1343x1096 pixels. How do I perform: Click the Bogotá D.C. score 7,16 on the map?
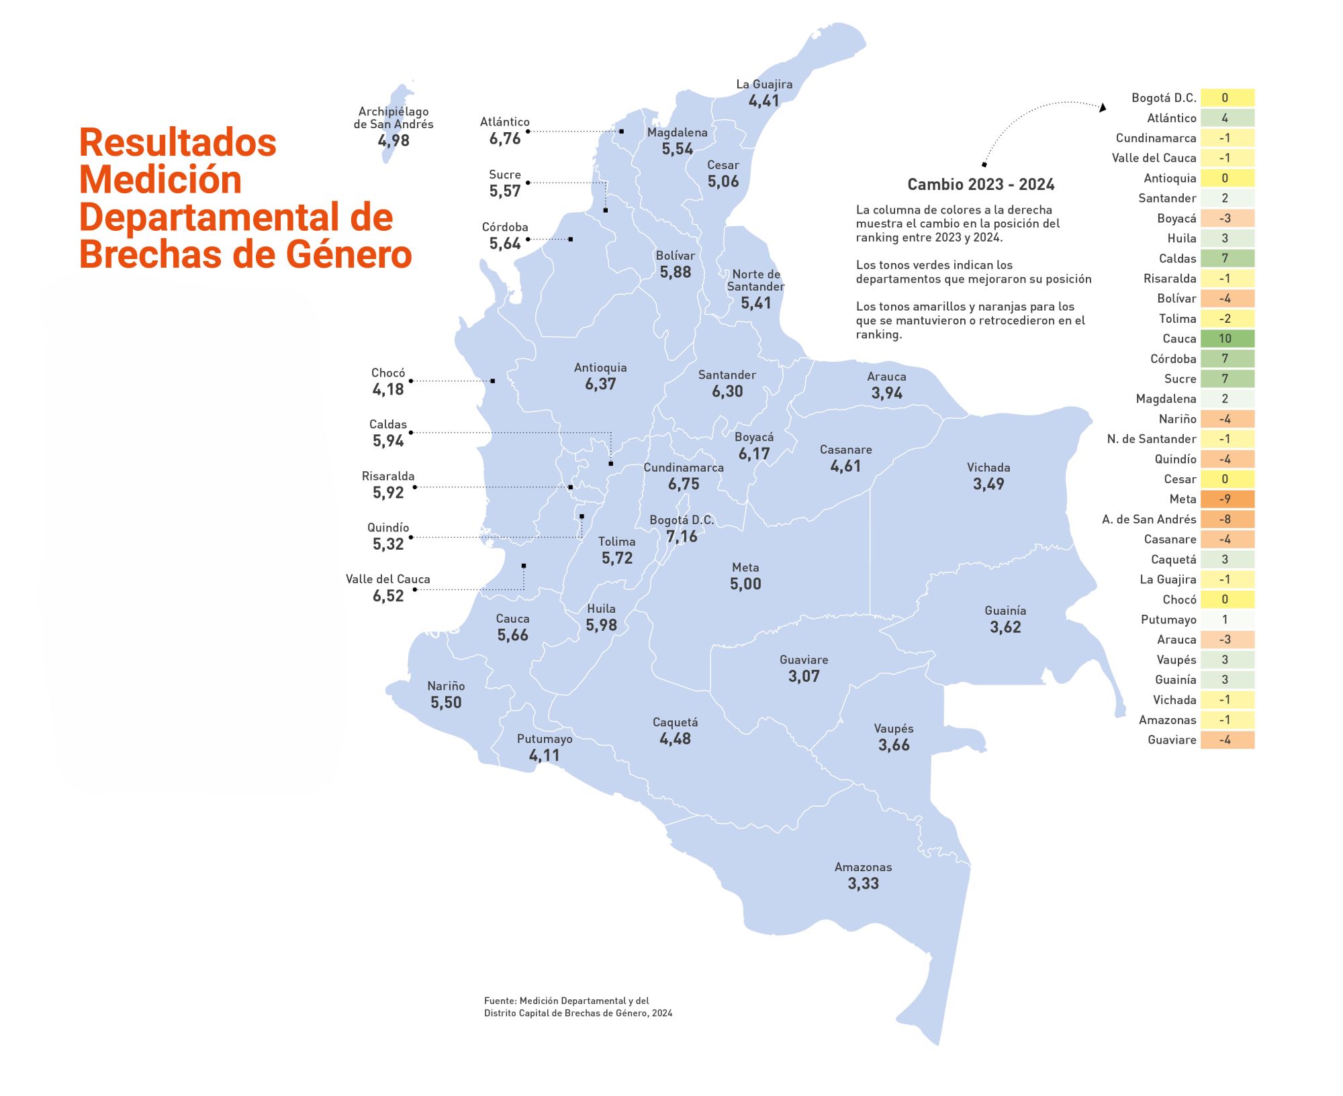click(682, 537)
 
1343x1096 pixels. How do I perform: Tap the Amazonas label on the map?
click(863, 867)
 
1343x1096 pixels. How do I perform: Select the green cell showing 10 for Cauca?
click(1227, 339)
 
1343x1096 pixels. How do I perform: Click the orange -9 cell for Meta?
click(1227, 499)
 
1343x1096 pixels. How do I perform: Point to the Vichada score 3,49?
click(988, 484)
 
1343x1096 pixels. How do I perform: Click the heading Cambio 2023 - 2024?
click(980, 185)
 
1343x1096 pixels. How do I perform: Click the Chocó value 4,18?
click(388, 390)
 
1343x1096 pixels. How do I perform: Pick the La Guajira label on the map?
click(764, 85)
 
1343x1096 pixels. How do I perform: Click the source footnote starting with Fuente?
click(577, 1007)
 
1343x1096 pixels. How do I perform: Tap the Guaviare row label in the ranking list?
click(1172, 740)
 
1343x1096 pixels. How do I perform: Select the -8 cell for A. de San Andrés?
click(1227, 519)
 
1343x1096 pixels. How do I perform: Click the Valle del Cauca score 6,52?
click(388, 596)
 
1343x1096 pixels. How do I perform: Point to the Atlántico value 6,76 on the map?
click(505, 139)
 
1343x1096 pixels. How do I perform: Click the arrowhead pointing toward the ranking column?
click(1102, 107)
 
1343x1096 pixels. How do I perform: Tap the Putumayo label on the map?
click(545, 739)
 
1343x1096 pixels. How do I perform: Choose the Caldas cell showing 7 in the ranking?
click(1227, 258)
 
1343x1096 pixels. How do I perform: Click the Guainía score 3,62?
click(1005, 628)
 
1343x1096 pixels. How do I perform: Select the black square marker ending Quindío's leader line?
click(582, 516)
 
